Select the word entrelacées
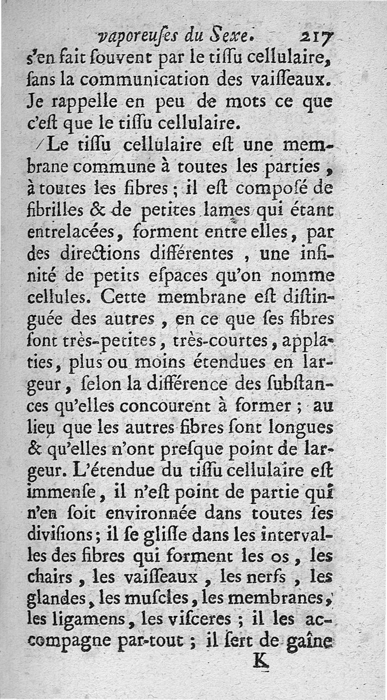click(x=70, y=233)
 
